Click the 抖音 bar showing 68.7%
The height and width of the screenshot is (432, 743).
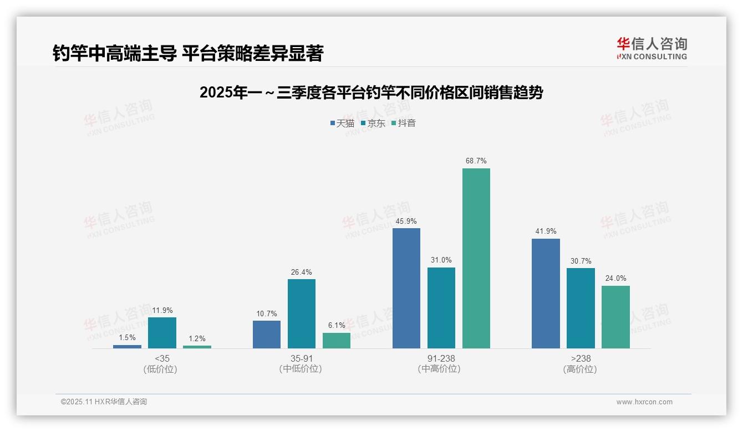click(476, 258)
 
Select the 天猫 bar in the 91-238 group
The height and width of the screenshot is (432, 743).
click(406, 288)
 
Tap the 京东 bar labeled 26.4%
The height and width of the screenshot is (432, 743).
click(302, 313)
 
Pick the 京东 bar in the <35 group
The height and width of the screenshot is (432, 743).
click(162, 333)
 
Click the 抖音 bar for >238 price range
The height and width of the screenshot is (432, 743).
click(615, 317)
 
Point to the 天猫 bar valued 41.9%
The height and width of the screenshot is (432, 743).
click(546, 294)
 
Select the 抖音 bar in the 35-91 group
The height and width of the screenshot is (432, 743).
click(337, 341)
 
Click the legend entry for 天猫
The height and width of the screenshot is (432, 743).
click(342, 124)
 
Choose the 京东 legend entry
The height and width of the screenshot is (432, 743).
click(373, 124)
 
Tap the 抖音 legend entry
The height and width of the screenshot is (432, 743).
click(404, 124)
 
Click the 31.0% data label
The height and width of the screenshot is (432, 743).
click(441, 260)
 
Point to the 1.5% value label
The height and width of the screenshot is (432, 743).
click(127, 338)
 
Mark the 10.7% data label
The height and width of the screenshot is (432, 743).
click(267, 314)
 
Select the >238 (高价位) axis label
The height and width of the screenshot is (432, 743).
click(580, 363)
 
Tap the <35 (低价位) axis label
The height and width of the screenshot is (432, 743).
click(162, 363)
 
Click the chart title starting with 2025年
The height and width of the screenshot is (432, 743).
click(371, 93)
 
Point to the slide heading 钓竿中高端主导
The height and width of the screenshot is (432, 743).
click(187, 54)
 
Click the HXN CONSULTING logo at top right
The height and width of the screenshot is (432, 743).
click(652, 49)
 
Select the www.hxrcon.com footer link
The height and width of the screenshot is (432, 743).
click(644, 402)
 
